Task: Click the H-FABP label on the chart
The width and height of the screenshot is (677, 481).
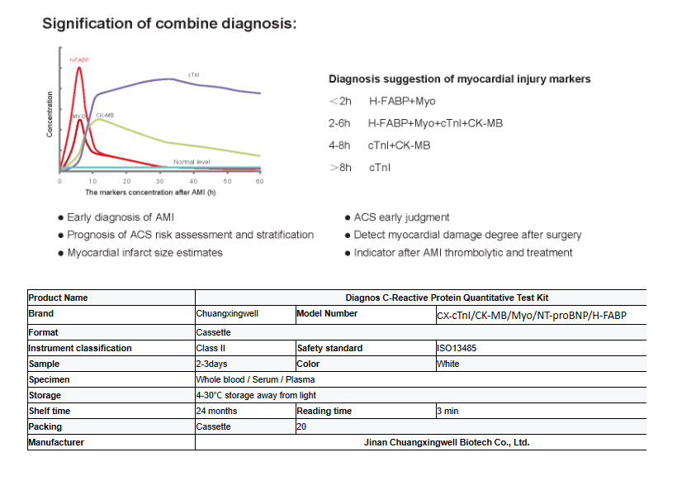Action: [x=79, y=60]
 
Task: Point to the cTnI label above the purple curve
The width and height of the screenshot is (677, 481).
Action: [x=193, y=74]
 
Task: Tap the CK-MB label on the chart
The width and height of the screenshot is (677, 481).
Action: [x=105, y=115]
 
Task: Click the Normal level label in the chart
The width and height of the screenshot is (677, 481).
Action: [x=192, y=162]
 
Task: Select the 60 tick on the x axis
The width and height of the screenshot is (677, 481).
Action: [x=259, y=180]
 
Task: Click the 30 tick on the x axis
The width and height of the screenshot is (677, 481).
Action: [x=160, y=180]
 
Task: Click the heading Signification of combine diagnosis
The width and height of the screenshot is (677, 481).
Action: [x=169, y=23]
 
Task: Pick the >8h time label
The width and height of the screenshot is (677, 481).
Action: [x=340, y=168]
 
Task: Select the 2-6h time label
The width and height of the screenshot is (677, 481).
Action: [x=340, y=123]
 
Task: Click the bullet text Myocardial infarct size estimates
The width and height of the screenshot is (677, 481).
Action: [x=144, y=252]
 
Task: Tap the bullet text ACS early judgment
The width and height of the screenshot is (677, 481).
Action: [x=401, y=217]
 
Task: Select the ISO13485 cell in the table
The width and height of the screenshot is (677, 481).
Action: [x=457, y=348]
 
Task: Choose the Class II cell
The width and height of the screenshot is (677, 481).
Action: [x=211, y=348]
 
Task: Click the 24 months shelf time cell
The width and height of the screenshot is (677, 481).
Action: [x=216, y=411]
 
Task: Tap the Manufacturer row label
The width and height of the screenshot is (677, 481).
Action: [x=56, y=442]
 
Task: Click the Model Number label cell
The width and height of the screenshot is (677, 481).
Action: [x=327, y=314]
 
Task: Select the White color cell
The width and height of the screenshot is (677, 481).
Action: [x=449, y=364]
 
